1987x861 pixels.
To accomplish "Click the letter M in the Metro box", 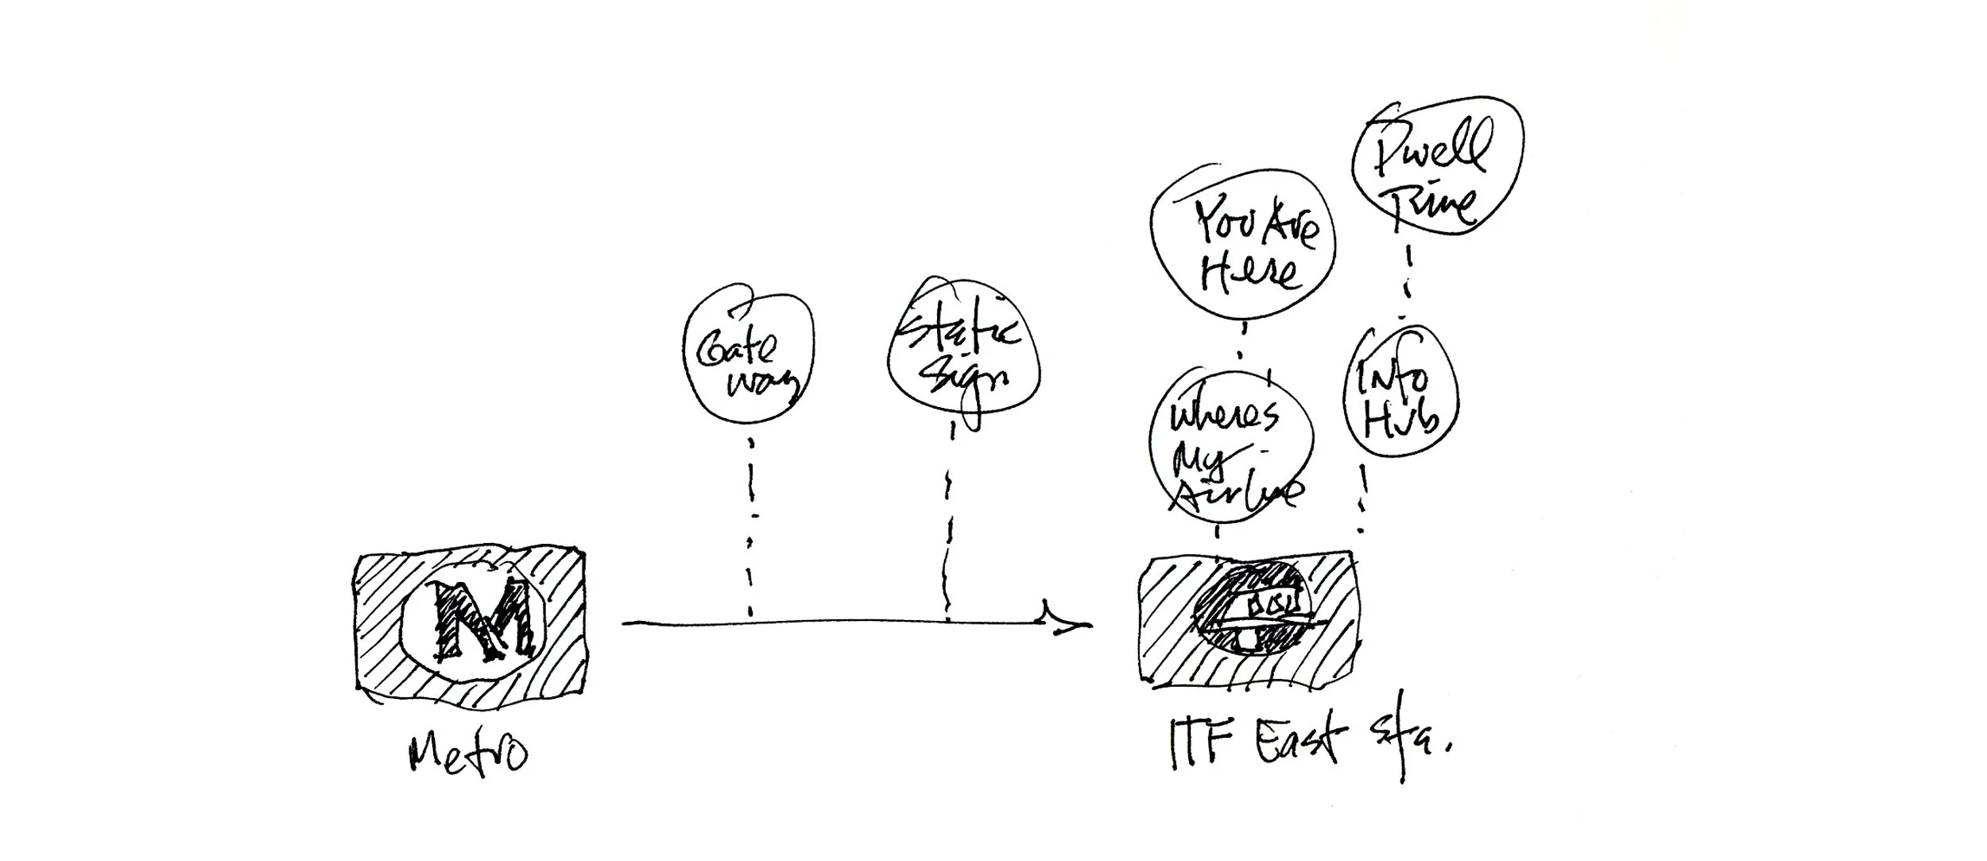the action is click(x=479, y=619).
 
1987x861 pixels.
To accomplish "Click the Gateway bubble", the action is click(x=749, y=359).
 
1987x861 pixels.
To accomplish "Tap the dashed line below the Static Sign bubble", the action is click(x=949, y=525).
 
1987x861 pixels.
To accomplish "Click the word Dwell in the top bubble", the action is click(x=1431, y=151).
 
